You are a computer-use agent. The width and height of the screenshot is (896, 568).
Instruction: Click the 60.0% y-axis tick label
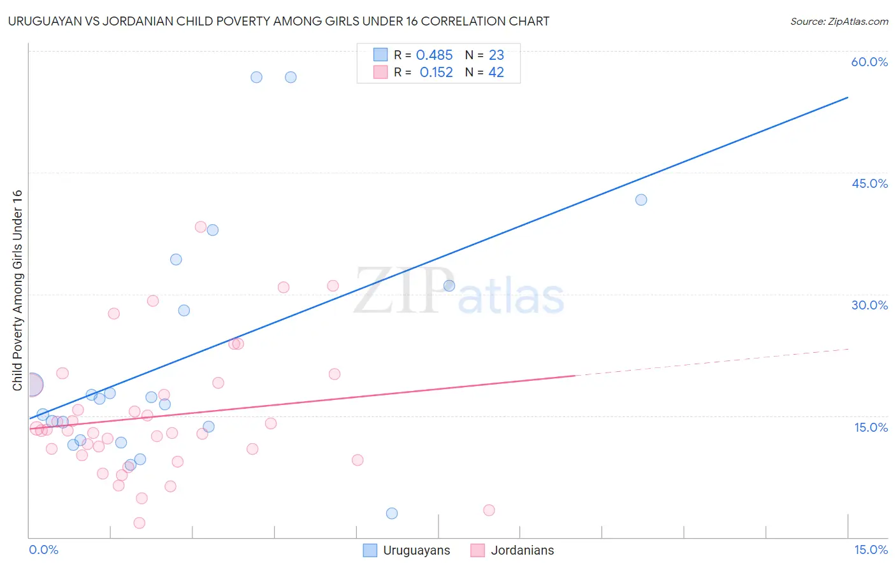coord(869,62)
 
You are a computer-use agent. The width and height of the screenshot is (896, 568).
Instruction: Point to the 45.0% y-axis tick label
coord(869,183)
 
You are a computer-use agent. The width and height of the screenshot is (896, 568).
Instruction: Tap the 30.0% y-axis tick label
coord(869,305)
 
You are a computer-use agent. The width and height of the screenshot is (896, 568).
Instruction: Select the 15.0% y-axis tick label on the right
coord(871,427)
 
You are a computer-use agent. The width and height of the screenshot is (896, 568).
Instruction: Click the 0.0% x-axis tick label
coord(43,550)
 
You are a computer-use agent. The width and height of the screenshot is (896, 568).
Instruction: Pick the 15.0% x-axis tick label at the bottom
coord(871,550)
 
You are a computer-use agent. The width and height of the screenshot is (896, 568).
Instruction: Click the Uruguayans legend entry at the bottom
coord(416,550)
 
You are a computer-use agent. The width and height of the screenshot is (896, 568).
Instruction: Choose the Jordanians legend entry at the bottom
coord(522,550)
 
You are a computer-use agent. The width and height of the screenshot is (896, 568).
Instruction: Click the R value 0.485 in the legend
coord(434,55)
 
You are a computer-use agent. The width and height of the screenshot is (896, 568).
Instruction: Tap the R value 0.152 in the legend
coord(436,73)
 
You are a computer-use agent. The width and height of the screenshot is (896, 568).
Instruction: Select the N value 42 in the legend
coord(496,73)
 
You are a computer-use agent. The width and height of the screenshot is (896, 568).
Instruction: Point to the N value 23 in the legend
coord(496,55)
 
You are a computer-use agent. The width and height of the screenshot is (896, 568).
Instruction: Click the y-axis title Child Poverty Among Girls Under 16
coord(17,290)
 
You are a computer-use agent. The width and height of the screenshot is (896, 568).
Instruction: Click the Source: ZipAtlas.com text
coord(839,22)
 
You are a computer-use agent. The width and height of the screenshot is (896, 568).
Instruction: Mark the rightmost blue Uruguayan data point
coord(641,200)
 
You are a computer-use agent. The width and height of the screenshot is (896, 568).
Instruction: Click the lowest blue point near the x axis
coord(392,513)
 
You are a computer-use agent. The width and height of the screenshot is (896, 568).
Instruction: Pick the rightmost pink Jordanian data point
coord(489,510)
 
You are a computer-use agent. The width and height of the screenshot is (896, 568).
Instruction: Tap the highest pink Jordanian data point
coord(201,227)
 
